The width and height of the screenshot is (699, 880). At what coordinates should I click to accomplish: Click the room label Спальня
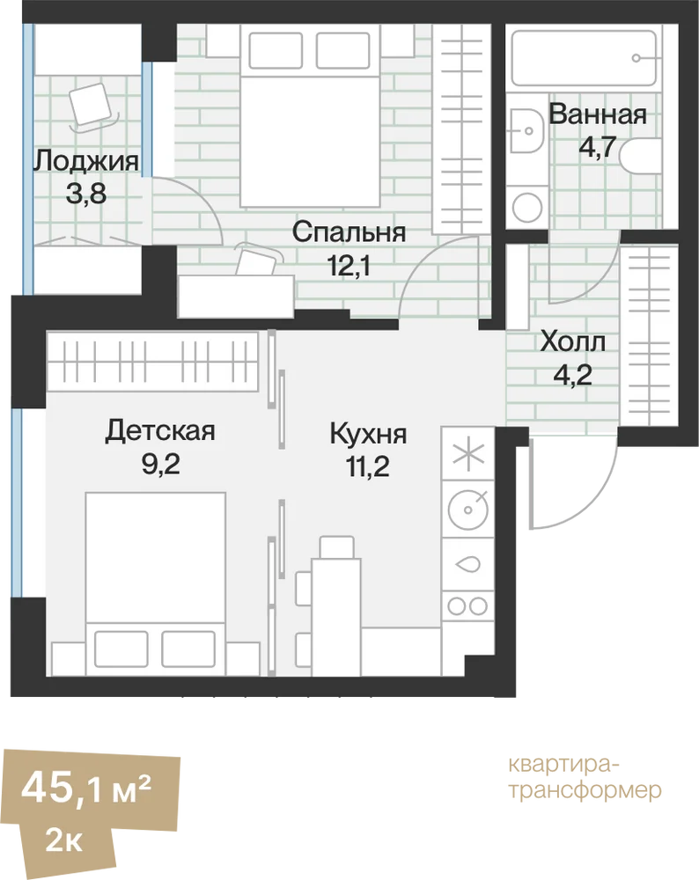pyautogui.click(x=349, y=232)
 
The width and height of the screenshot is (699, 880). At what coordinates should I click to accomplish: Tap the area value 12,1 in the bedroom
pyautogui.click(x=349, y=266)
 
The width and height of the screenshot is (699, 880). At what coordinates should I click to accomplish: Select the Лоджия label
pyautogui.click(x=86, y=162)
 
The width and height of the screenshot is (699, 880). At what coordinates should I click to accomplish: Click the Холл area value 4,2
pyautogui.click(x=573, y=374)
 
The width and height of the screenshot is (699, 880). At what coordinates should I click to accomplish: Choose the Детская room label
pyautogui.click(x=160, y=431)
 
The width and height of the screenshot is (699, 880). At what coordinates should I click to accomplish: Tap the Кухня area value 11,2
pyautogui.click(x=368, y=466)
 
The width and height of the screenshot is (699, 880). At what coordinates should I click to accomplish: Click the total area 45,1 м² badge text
pyautogui.click(x=86, y=788)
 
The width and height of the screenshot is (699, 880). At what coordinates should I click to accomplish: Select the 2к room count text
pyautogui.click(x=64, y=841)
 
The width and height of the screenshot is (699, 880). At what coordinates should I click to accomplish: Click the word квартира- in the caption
pyautogui.click(x=564, y=766)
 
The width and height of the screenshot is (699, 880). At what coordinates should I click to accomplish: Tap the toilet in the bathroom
pyautogui.click(x=641, y=158)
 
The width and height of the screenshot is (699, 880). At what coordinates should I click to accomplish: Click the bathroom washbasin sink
pyautogui.click(x=527, y=131)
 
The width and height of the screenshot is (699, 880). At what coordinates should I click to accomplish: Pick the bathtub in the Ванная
pyautogui.click(x=584, y=58)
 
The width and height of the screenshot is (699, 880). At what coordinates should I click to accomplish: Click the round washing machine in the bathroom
pyautogui.click(x=527, y=207)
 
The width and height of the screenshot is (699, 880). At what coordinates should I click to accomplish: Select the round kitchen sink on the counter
pyautogui.click(x=467, y=510)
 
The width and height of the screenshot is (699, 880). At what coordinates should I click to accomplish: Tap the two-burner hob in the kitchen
pyautogui.click(x=467, y=606)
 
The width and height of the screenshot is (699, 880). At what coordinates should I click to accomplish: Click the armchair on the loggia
pyautogui.click(x=92, y=106)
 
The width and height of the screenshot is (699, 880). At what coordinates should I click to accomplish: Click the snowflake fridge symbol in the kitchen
pyautogui.click(x=468, y=454)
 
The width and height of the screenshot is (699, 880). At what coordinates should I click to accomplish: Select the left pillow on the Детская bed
pyautogui.click(x=121, y=649)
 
